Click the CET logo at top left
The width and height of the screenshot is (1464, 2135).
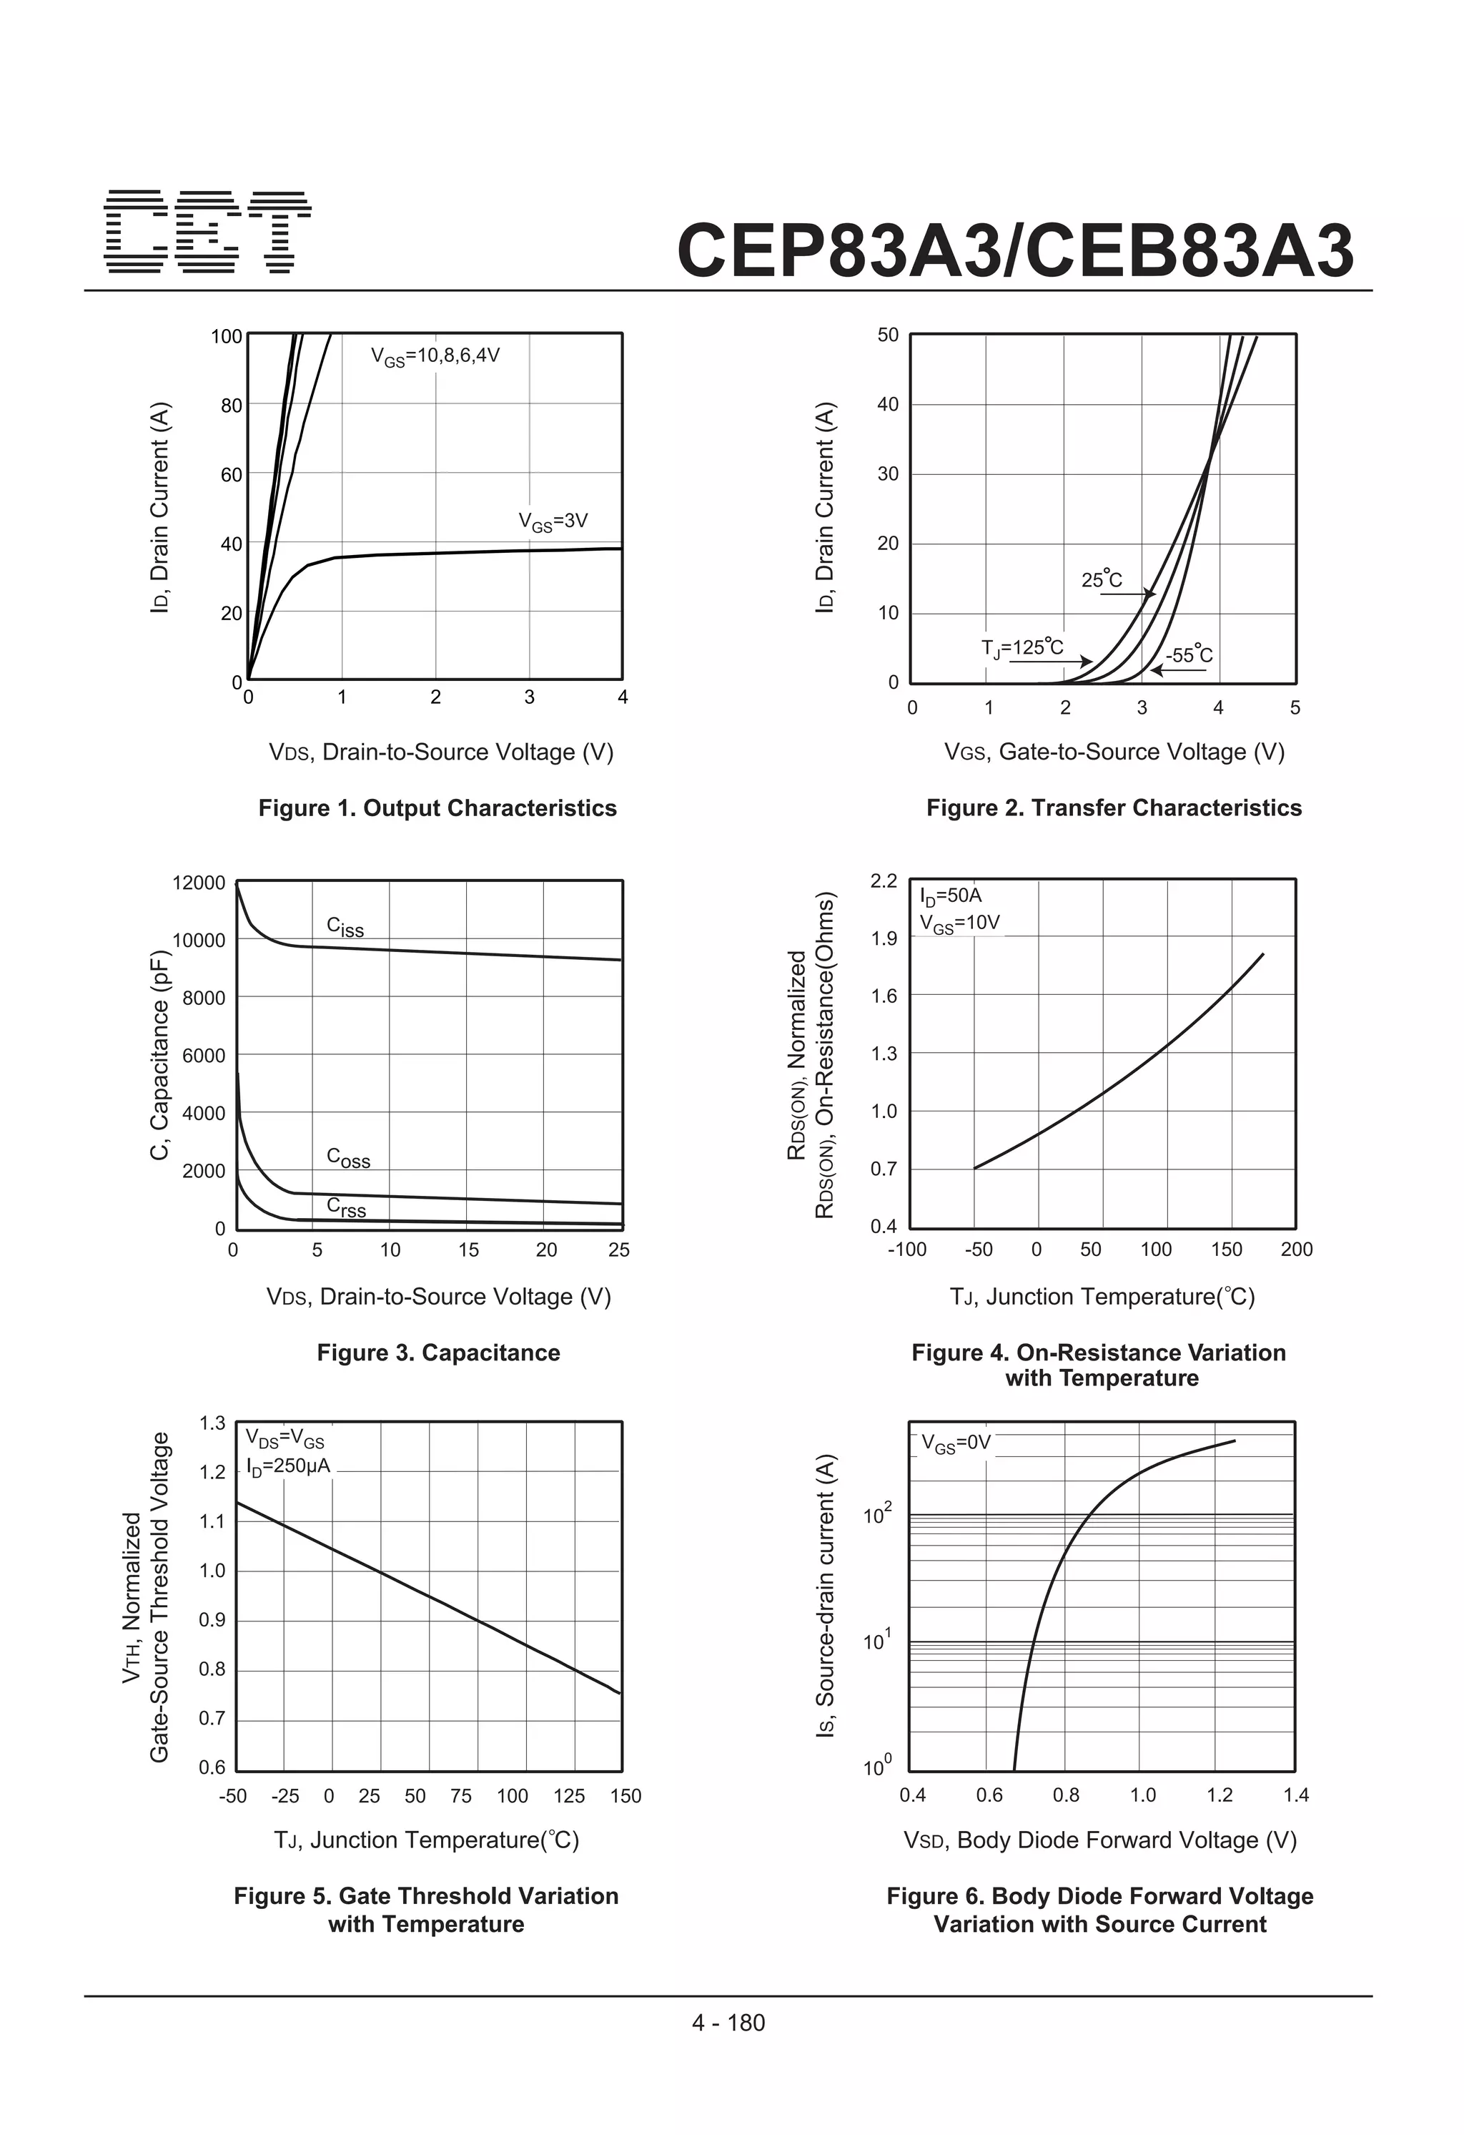(207, 232)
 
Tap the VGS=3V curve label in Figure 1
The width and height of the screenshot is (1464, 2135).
(553, 522)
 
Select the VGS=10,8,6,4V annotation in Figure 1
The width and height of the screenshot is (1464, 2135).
(435, 356)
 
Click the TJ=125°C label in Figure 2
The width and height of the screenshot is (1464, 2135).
(1022, 648)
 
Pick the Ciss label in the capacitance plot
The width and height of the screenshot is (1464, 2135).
(345, 927)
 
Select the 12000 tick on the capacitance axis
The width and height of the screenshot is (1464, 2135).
(199, 883)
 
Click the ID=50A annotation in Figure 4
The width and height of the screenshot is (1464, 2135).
(951, 895)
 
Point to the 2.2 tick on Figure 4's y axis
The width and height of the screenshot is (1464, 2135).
(884, 881)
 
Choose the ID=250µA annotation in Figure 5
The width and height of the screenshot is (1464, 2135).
(287, 1466)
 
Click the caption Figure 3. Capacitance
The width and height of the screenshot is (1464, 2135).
(438, 1353)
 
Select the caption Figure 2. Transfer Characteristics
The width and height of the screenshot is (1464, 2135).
(1113, 808)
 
